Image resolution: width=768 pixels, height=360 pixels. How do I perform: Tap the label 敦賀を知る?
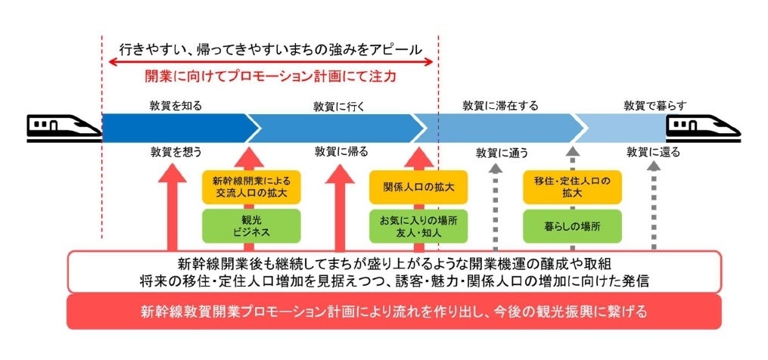176,106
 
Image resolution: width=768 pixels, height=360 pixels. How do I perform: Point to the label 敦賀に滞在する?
500,106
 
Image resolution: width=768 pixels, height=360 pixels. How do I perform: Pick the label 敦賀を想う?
176,151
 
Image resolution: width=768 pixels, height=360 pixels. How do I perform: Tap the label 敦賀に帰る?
341,151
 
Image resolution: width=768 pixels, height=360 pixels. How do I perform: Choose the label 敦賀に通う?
502,153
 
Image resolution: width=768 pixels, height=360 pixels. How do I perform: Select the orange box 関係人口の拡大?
413,187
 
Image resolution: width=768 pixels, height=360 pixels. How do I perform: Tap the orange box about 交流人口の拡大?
251,187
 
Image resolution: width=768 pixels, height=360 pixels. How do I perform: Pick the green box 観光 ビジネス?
251,226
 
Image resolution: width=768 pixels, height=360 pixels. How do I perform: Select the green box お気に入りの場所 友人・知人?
413,226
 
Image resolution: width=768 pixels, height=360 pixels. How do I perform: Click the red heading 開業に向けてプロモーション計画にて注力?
271,76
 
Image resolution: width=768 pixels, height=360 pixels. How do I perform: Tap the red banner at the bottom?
393,312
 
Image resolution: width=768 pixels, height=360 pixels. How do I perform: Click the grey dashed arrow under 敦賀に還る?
655,204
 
